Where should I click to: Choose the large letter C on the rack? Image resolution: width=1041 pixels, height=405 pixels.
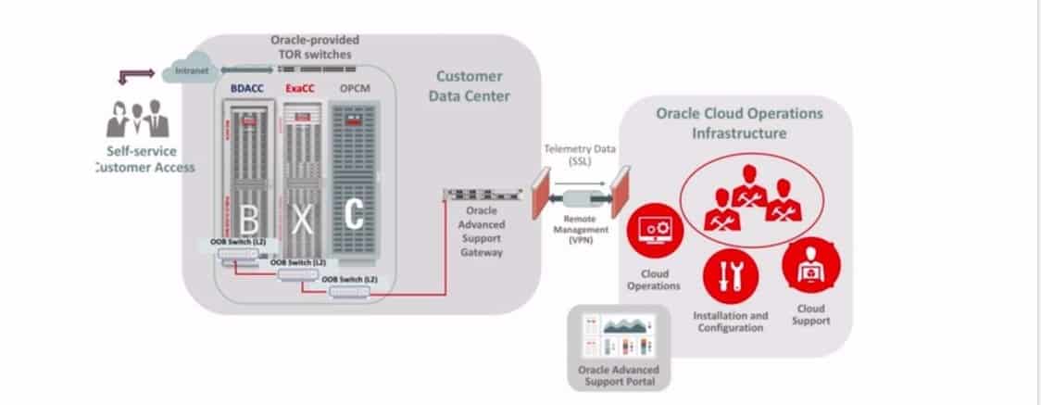coord(355,216)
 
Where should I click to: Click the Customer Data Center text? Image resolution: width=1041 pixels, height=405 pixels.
coord(471,85)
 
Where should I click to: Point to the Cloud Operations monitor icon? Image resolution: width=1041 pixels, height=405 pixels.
coord(654,230)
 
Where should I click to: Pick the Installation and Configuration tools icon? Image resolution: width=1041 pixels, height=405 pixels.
coord(731,276)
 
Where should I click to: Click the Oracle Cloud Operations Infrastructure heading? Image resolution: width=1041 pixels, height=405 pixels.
coord(739,123)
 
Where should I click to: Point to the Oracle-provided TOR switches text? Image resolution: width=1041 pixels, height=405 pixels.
coord(314,47)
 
